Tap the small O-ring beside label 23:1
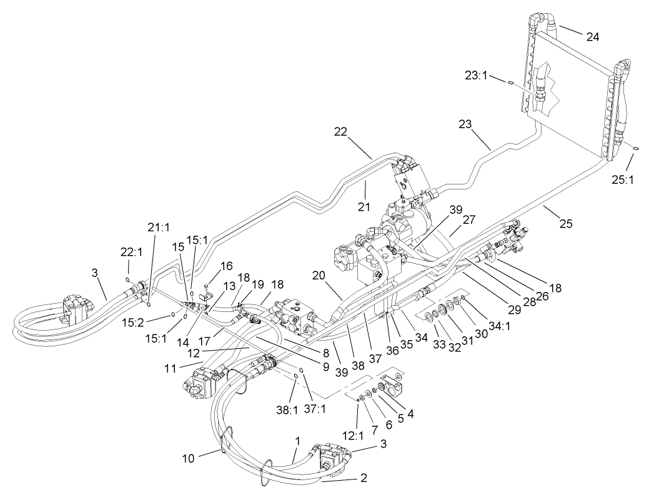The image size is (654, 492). pos(510,83)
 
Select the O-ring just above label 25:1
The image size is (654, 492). pos(635,148)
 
